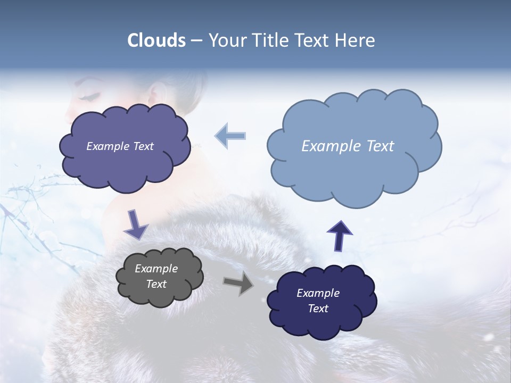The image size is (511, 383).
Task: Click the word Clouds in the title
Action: (156, 40)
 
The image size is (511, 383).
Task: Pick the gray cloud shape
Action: (160, 295)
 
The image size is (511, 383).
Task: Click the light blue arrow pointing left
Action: (230, 136)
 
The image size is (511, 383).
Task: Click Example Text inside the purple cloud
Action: (120, 146)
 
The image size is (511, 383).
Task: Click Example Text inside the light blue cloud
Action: (348, 146)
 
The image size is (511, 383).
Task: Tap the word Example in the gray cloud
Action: (156, 269)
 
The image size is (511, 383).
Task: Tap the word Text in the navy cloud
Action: (318, 309)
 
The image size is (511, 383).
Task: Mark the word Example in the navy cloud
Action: (318, 293)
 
